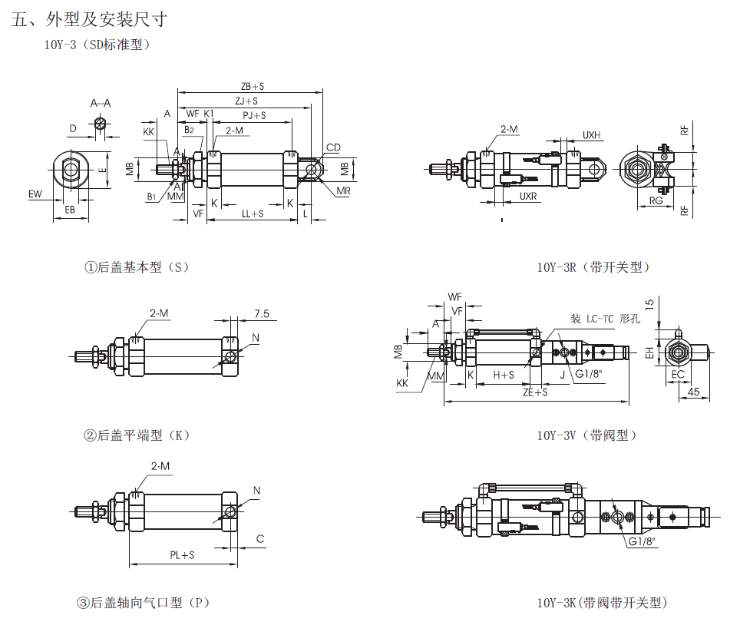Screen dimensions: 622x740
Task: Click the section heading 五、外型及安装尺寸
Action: [x=89, y=20]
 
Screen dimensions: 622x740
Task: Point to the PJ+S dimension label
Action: [x=254, y=115]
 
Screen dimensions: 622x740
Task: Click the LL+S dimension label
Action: [x=253, y=213]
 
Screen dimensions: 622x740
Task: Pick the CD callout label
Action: [x=333, y=147]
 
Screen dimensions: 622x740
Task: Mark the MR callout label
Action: [x=343, y=190]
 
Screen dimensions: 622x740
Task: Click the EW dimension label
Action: [x=35, y=194]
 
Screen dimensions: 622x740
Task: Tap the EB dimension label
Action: [x=70, y=210]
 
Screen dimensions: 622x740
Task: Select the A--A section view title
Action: [x=101, y=103]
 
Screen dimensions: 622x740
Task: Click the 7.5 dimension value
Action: [x=261, y=313]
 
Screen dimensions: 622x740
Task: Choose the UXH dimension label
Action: [x=591, y=135]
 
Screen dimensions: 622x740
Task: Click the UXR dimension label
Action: [x=528, y=197]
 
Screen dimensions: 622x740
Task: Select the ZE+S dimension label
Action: [x=535, y=392]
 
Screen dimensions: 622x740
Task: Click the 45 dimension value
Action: [x=693, y=392]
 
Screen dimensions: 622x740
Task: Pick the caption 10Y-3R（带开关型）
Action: [x=593, y=267]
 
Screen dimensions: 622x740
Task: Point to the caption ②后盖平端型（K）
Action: [x=137, y=435]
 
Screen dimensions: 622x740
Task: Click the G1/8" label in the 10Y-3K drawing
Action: [x=643, y=541]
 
